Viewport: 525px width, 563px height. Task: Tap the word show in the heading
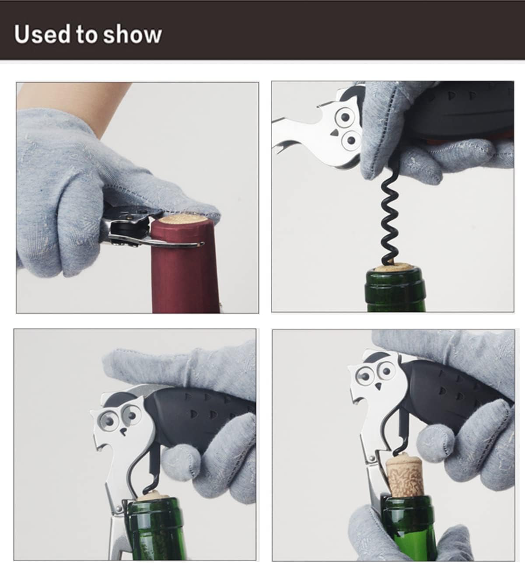[132, 35]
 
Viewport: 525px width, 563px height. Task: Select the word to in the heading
[87, 35]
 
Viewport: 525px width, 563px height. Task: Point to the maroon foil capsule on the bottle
[186, 271]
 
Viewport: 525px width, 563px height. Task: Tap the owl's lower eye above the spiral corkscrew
[350, 140]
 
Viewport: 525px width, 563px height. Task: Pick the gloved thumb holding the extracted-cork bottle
[372, 529]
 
